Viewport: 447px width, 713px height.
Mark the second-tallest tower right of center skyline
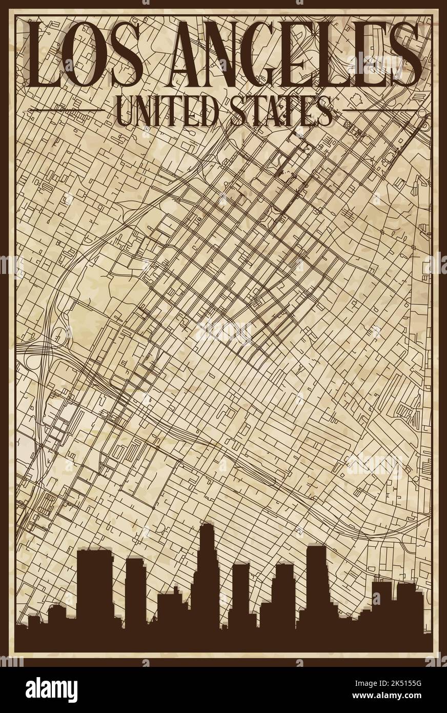pos(316,585)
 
